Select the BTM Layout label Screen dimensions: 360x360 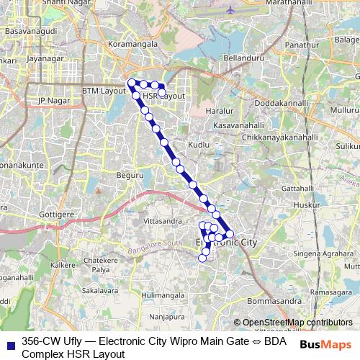coord(104,91)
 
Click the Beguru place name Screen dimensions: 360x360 coord(130,174)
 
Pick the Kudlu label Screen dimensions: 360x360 coord(198,145)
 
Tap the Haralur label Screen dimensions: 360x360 coord(220,112)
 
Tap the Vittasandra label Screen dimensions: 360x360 coord(162,220)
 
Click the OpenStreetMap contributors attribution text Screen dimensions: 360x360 coord(297,323)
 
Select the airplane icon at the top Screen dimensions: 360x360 coord(230,10)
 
